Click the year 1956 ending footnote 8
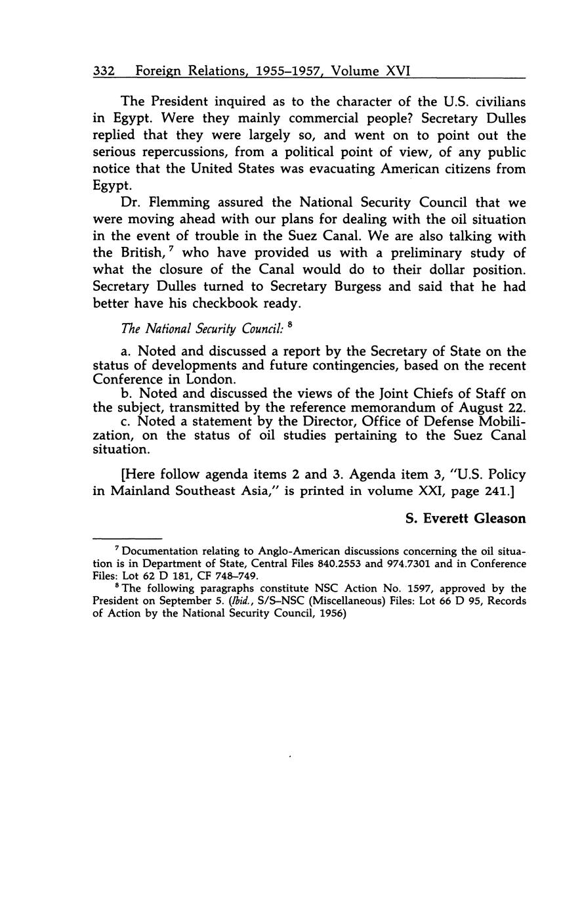click(331, 613)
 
